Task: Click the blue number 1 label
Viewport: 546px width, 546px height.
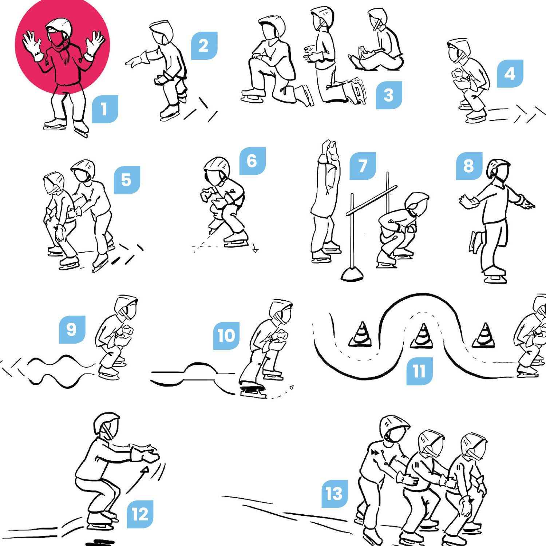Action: click(x=105, y=109)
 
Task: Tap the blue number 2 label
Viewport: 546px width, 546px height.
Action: click(x=204, y=45)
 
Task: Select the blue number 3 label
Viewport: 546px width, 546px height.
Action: click(x=389, y=95)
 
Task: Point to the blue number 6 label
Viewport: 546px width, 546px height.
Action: click(x=252, y=161)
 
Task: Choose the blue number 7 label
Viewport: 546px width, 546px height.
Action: click(x=363, y=166)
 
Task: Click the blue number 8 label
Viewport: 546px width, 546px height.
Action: click(x=469, y=166)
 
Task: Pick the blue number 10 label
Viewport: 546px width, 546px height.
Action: click(x=226, y=336)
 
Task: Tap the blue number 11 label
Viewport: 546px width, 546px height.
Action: click(x=419, y=371)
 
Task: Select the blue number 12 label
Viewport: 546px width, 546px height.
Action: click(x=140, y=514)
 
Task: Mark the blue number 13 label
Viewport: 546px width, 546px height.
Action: click(x=335, y=494)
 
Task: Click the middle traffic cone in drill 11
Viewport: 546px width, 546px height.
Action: click(x=422, y=336)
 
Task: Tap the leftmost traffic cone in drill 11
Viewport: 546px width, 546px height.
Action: click(x=361, y=334)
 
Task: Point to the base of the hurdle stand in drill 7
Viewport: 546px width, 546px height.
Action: click(x=352, y=274)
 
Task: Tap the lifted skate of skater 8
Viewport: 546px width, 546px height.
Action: click(x=475, y=242)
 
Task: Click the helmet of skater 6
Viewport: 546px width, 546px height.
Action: click(x=216, y=169)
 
